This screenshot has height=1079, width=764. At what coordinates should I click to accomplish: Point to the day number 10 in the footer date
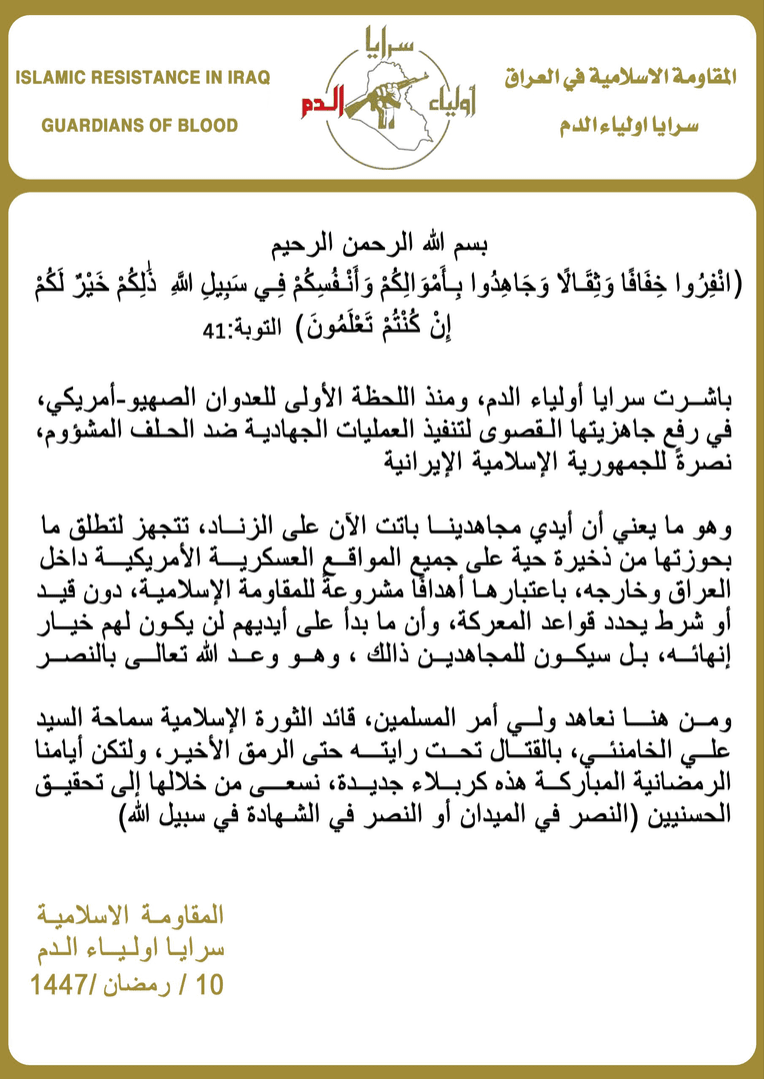click(211, 984)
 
